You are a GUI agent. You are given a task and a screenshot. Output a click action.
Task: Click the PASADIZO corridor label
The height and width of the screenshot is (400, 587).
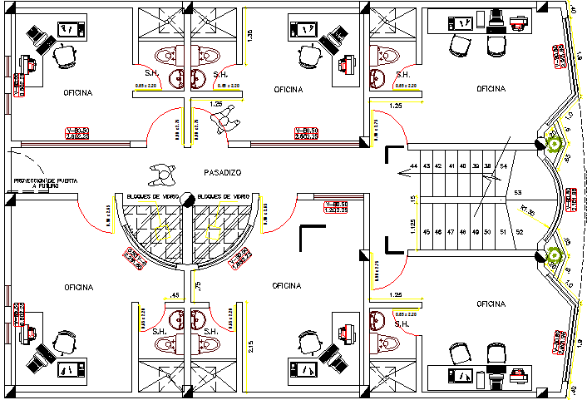222,172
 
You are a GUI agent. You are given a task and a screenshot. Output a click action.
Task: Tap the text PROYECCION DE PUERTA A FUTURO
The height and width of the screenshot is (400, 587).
46,183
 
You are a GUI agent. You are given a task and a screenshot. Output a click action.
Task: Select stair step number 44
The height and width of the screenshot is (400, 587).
413,166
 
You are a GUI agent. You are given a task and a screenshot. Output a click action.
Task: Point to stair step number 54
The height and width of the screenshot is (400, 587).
503,167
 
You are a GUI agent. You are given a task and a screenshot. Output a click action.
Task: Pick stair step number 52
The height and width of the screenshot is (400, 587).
519,232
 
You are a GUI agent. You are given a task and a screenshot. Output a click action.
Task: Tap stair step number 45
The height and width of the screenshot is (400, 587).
427,232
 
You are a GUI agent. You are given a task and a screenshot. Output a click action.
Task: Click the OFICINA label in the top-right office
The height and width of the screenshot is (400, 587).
491,88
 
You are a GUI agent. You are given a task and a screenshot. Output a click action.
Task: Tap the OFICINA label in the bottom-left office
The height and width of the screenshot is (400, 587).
77,287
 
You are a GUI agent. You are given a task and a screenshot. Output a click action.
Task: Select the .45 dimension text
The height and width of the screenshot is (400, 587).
175,294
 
